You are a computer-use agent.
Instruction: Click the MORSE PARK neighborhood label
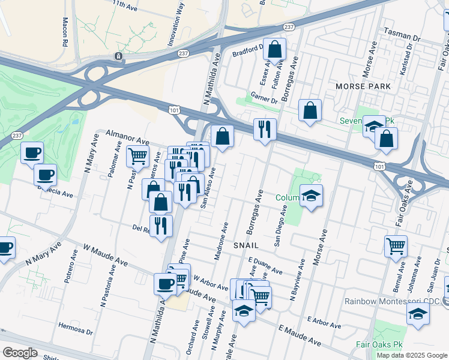click(x=363, y=87)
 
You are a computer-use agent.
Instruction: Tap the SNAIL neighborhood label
click(x=246, y=245)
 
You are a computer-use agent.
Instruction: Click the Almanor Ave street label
click(x=127, y=137)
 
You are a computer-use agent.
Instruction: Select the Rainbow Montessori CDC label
click(x=393, y=301)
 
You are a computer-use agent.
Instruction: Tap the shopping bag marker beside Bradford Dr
click(x=274, y=51)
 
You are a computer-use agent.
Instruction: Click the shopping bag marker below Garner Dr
click(x=310, y=111)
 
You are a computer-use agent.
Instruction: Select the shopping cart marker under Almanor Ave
click(x=137, y=157)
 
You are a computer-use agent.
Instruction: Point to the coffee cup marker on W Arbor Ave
click(x=164, y=284)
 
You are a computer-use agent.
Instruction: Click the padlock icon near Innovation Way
click(x=118, y=56)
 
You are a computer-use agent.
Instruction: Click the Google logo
click(x=20, y=353)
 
